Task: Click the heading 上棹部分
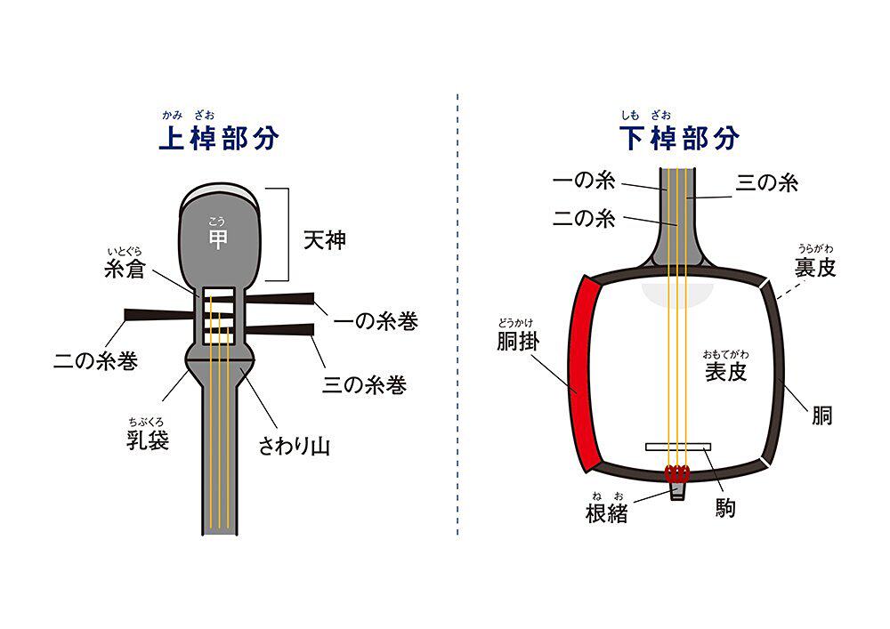tap(218, 140)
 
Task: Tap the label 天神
tap(324, 240)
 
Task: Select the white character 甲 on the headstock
tap(218, 239)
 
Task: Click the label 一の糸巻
tap(375, 321)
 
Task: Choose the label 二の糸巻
tap(95, 361)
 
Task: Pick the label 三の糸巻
tap(364, 385)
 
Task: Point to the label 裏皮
tap(815, 267)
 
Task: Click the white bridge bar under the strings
tap(678, 445)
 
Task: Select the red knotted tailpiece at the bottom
tap(678, 472)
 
